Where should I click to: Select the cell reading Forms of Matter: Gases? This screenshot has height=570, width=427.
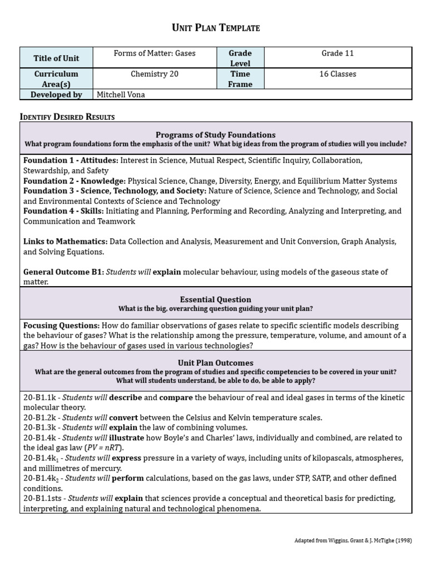pyautogui.click(x=155, y=53)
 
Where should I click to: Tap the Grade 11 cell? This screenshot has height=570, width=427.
pyautogui.click(x=337, y=53)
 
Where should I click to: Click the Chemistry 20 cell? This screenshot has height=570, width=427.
pyautogui.click(x=155, y=74)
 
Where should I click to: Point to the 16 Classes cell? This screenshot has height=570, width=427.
pyautogui.click(x=337, y=74)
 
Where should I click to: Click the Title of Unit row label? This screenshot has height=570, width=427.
pyautogui.click(x=56, y=58)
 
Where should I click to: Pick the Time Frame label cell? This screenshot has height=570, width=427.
pyautogui.click(x=240, y=79)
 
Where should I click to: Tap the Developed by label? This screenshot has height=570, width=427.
pyautogui.click(x=56, y=95)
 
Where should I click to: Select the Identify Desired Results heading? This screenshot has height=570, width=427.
pyautogui.click(x=67, y=116)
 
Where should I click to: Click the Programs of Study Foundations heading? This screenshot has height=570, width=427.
pyautogui.click(x=215, y=135)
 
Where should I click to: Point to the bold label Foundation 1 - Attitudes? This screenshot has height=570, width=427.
pyautogui.click(x=71, y=160)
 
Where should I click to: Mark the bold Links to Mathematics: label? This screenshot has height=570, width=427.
pyautogui.click(x=65, y=242)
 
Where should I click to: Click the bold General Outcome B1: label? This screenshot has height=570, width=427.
pyautogui.click(x=63, y=272)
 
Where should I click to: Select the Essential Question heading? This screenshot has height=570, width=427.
pyautogui.click(x=215, y=299)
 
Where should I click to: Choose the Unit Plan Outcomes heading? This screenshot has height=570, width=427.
pyautogui.click(x=215, y=363)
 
